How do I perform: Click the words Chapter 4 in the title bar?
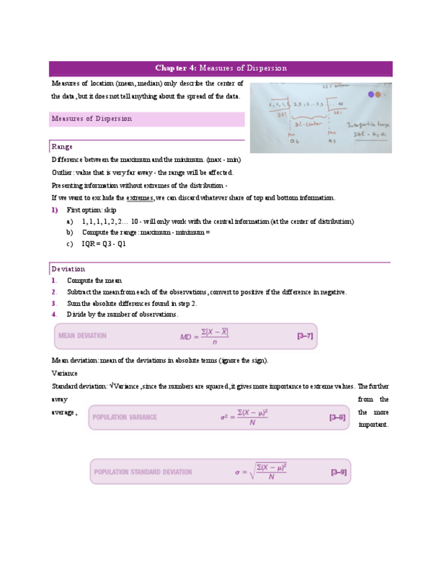click(176, 68)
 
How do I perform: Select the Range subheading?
click(62, 147)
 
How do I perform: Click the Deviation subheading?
click(68, 269)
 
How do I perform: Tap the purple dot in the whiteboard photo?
click(370, 96)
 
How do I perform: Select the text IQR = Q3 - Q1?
click(104, 244)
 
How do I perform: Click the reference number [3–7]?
click(304, 335)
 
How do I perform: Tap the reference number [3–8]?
click(337, 417)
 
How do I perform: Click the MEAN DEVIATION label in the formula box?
click(82, 335)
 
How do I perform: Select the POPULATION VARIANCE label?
click(125, 417)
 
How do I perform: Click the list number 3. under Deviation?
click(54, 304)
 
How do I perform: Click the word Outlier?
click(63, 173)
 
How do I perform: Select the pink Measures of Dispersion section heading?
click(92, 119)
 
